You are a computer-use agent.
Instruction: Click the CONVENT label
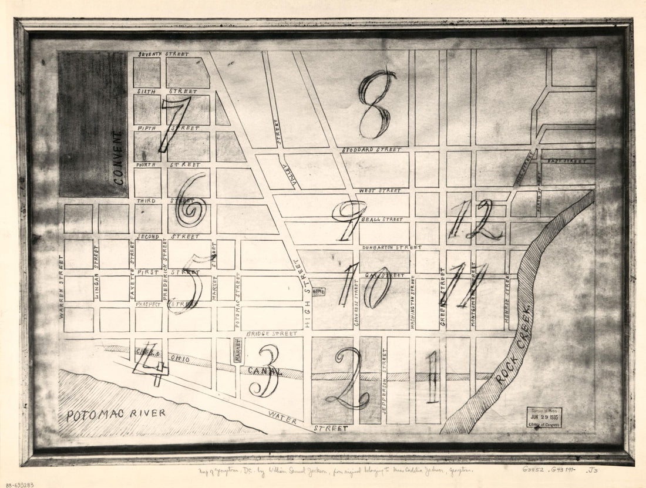[x=119, y=157]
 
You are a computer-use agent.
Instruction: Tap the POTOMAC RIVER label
[x=115, y=415]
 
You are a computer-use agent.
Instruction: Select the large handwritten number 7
[x=174, y=123]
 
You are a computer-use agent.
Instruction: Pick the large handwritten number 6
[x=191, y=200]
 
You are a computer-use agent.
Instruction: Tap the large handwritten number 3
[x=264, y=371]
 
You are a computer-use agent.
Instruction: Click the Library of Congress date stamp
[x=543, y=417]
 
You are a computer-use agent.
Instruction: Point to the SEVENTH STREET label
[x=163, y=54]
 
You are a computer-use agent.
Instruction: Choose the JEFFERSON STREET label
[x=384, y=382]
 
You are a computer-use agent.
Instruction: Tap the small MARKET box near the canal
[x=237, y=351]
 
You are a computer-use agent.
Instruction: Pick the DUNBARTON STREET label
[x=392, y=247]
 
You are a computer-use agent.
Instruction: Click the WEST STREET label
[x=379, y=191]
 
